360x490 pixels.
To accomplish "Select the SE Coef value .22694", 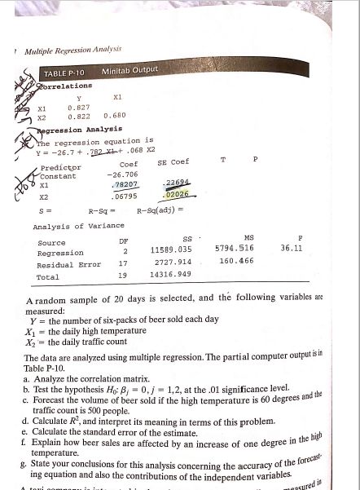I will pos(175,182).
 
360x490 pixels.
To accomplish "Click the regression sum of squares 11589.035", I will pos(170,249).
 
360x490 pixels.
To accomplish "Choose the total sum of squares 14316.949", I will pos(169,277).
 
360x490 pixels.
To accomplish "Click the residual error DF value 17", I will pos(123,263).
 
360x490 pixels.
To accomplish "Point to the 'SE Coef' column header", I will pos(173,161).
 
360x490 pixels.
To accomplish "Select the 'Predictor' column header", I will pos(57,167).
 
